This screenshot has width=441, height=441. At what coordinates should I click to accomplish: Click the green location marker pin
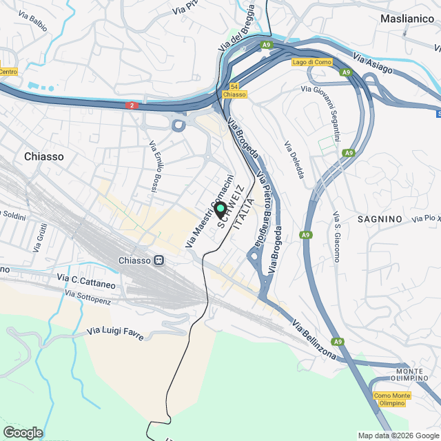(x=220, y=209)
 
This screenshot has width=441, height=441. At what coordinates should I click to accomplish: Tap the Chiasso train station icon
(x=159, y=260)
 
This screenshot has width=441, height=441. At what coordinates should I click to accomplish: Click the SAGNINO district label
(x=380, y=218)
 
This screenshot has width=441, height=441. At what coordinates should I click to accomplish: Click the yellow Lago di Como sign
(x=312, y=62)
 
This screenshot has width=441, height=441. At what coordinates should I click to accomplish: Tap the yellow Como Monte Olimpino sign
(x=392, y=399)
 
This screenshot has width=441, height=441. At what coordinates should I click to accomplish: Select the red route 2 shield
(x=133, y=105)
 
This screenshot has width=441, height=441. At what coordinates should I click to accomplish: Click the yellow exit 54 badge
(x=235, y=87)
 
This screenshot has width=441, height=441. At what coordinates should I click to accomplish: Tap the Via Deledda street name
(x=294, y=161)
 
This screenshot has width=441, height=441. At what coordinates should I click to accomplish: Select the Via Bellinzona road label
(x=314, y=340)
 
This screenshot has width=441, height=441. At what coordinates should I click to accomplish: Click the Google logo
(x=22, y=432)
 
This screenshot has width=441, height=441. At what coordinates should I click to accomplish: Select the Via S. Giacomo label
(x=336, y=236)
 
